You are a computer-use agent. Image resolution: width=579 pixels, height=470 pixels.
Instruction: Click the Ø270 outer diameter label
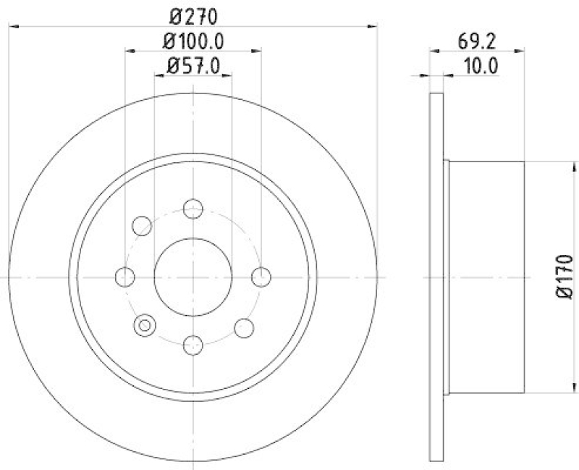tap(193, 14)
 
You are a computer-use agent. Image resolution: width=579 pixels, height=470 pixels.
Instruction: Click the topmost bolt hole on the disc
tap(193, 209)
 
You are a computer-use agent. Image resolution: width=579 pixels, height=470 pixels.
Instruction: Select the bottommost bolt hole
tap(193, 345)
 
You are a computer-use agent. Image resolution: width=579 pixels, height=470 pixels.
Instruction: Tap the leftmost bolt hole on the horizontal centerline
tap(125, 277)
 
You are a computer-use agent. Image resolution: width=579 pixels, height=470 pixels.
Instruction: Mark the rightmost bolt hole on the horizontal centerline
tap(261, 277)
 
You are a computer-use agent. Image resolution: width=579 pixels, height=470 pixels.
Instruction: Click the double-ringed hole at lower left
tap(145, 325)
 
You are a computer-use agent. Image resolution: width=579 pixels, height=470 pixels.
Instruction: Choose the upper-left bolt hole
tap(142, 226)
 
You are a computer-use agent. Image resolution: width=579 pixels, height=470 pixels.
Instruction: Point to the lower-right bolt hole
tap(245, 327)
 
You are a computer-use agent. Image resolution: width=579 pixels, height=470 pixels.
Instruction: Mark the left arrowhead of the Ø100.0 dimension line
tap(130, 51)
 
